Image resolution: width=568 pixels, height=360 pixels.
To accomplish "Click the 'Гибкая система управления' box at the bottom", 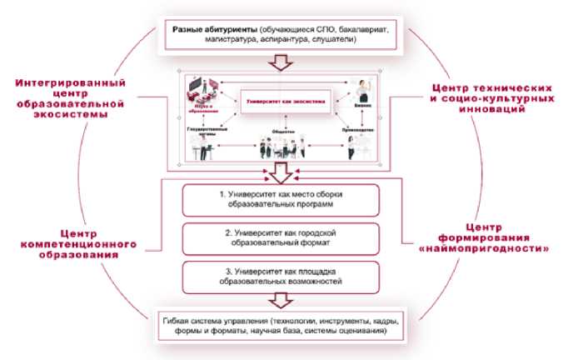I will pyautogui.click(x=282, y=327).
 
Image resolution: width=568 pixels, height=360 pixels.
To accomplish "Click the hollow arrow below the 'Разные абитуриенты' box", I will pyautogui.click(x=282, y=62).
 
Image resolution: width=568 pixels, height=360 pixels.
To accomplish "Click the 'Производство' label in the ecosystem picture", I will pyautogui.click(x=360, y=131).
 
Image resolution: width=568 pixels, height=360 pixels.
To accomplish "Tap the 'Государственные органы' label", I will pyautogui.click(x=205, y=131).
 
